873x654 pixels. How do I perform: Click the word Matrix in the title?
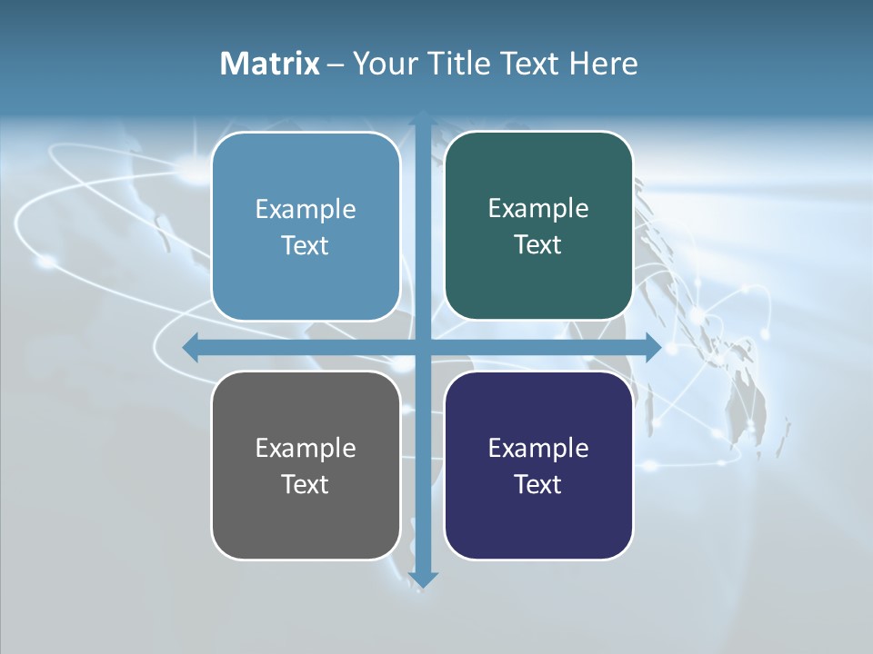coord(270,64)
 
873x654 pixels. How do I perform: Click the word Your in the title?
coord(377,64)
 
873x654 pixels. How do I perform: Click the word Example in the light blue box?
coord(306,210)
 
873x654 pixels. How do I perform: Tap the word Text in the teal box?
coord(538,245)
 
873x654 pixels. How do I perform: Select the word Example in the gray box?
coord(306,449)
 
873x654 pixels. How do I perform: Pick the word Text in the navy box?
coord(538,484)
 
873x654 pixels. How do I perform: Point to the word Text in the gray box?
coord(306,484)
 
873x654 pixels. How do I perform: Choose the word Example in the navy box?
coord(538,449)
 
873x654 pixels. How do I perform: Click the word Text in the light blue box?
coord(306,246)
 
